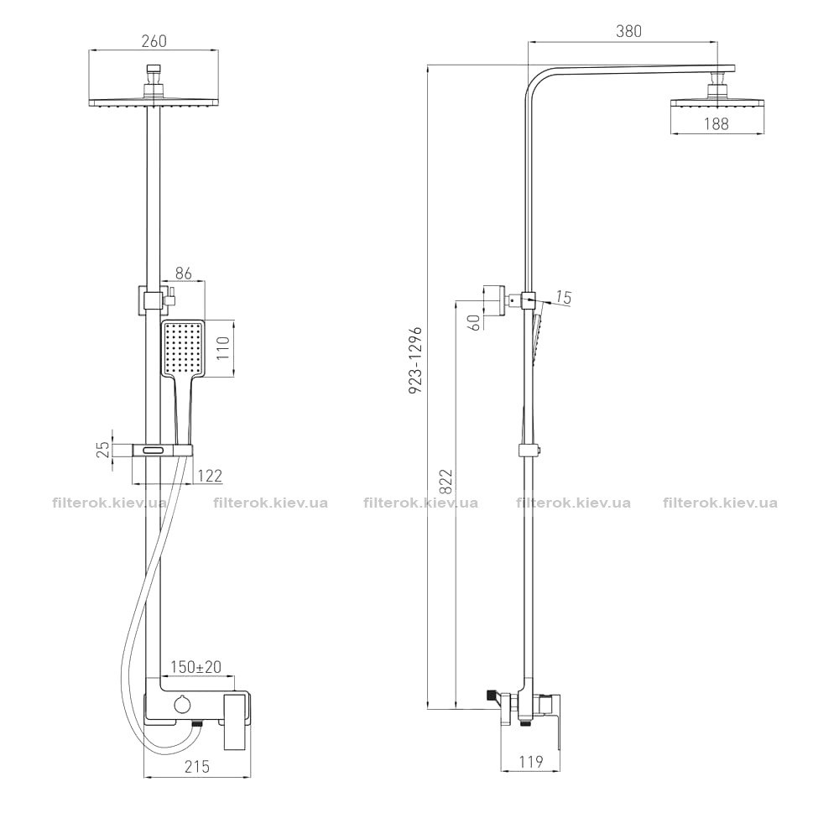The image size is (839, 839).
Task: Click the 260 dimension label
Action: [x=154, y=40]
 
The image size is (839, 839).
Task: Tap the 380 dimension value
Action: [x=628, y=31]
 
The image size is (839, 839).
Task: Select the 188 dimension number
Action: [x=716, y=123]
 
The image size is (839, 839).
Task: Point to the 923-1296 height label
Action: [x=416, y=360]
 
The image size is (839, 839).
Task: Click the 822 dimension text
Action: [x=446, y=482]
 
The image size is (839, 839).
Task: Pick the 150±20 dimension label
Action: [x=195, y=667]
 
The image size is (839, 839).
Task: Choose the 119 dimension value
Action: [x=530, y=761]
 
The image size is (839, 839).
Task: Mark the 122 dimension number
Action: [x=210, y=475]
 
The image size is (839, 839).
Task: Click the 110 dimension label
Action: [x=223, y=348]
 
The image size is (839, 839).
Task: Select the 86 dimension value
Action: [x=184, y=273]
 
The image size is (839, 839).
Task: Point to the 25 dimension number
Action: [x=106, y=449]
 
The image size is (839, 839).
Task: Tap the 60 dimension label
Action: [x=475, y=322]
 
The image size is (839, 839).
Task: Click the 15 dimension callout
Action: [x=564, y=297]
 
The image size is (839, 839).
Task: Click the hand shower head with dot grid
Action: [x=182, y=349]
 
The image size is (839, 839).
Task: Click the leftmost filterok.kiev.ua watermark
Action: [x=110, y=503]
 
